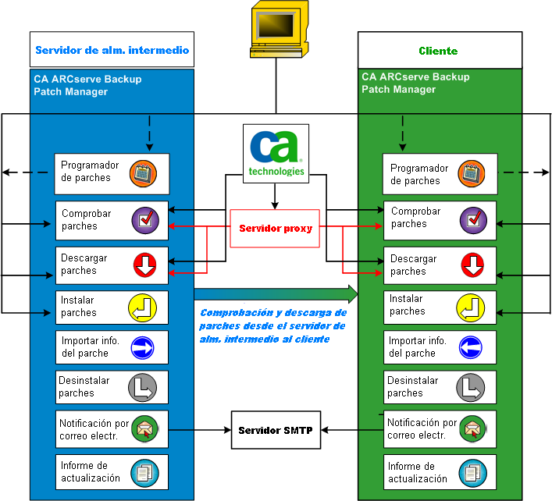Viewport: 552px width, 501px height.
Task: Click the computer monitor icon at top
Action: click(x=276, y=30)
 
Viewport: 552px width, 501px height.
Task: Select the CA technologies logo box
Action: click(x=274, y=154)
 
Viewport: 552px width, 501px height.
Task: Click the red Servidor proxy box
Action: click(x=275, y=229)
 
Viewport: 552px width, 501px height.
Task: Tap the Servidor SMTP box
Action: click(x=276, y=431)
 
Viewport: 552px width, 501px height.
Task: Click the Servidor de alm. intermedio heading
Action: click(x=112, y=50)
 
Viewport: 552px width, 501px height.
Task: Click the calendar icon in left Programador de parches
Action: click(x=144, y=173)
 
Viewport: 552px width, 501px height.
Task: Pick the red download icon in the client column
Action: click(x=473, y=265)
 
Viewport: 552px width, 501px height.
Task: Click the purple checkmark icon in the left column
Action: click(x=144, y=221)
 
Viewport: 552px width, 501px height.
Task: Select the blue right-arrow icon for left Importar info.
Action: click(x=144, y=347)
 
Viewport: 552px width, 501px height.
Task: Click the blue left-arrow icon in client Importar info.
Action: click(x=472, y=347)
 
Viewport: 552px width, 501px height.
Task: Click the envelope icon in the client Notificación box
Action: click(x=473, y=428)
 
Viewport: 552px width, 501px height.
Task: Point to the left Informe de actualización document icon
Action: click(x=144, y=472)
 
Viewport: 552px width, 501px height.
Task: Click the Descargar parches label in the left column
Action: click(x=84, y=265)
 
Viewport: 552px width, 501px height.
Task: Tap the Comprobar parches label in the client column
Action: click(x=415, y=218)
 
